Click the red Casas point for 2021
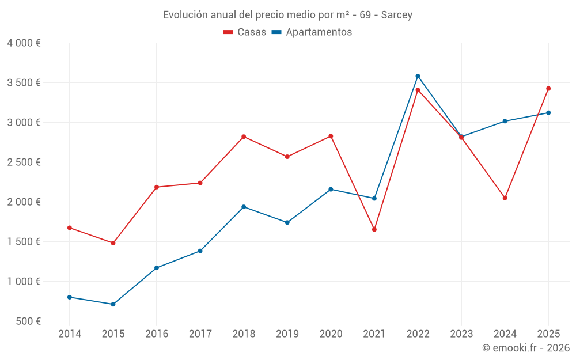click(374, 229)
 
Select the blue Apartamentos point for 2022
click(418, 76)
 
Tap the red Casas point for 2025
click(548, 89)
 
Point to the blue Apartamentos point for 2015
click(113, 304)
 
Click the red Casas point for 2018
click(244, 137)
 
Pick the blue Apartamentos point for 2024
click(505, 121)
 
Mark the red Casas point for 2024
click(505, 198)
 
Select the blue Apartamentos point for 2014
click(70, 297)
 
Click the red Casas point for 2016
click(157, 187)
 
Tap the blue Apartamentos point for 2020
click(331, 189)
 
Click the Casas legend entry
click(245, 32)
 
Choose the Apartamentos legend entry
click(312, 32)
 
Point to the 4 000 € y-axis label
click(24, 43)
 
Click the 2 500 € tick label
click(24, 162)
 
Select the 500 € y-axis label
click(28, 321)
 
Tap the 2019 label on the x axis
click(287, 334)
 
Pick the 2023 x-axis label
click(461, 334)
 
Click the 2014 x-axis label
click(70, 334)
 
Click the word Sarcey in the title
click(397, 15)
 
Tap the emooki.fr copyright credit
click(526, 348)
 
